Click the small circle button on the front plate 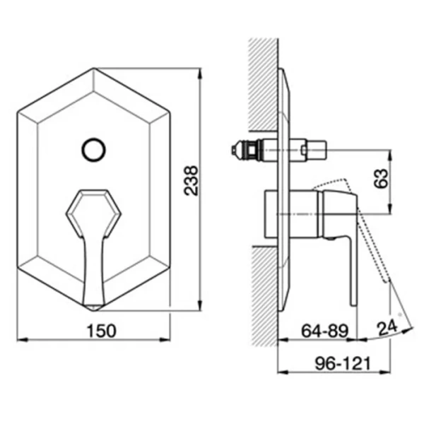point(93,149)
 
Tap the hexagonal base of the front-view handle point(93,208)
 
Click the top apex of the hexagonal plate point(94,69)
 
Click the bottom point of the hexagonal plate point(94,310)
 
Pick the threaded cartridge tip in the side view point(240,149)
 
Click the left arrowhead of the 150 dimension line point(19,341)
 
